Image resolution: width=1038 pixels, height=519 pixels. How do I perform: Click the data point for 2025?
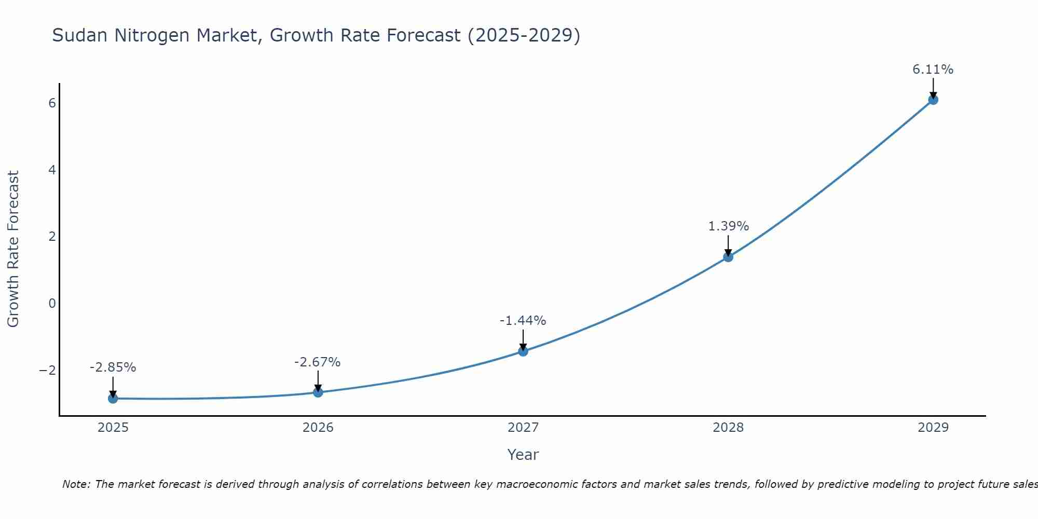tap(113, 398)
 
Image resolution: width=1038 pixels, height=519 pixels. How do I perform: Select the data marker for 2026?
tap(318, 392)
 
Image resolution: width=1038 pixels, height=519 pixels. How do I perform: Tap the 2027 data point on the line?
tap(523, 351)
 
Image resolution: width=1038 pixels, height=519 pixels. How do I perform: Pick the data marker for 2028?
tap(728, 257)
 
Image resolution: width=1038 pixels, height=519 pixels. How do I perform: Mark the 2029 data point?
tap(933, 100)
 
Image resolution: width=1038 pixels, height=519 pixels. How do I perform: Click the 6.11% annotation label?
tap(933, 70)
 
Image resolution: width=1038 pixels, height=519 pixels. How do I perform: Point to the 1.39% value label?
tap(728, 226)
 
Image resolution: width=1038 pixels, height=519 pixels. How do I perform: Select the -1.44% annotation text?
tap(523, 321)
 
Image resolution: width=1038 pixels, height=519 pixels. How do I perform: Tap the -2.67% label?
tap(317, 362)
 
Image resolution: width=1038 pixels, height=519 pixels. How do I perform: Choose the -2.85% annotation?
tap(113, 367)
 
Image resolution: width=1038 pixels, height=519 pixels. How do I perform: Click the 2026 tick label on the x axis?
tap(318, 428)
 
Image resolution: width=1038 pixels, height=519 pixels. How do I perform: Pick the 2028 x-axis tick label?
tap(728, 428)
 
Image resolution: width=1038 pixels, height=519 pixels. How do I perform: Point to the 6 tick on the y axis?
tap(52, 103)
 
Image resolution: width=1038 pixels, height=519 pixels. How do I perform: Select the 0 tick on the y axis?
tap(52, 303)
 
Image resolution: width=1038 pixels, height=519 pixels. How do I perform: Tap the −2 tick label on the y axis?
tap(47, 370)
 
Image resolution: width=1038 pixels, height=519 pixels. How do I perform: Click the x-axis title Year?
tap(523, 455)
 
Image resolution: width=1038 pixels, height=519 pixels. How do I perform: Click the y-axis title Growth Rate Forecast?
tap(13, 249)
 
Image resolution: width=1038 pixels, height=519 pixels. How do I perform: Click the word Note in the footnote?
tap(76, 484)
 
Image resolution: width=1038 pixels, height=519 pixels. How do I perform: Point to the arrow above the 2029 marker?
tap(933, 87)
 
